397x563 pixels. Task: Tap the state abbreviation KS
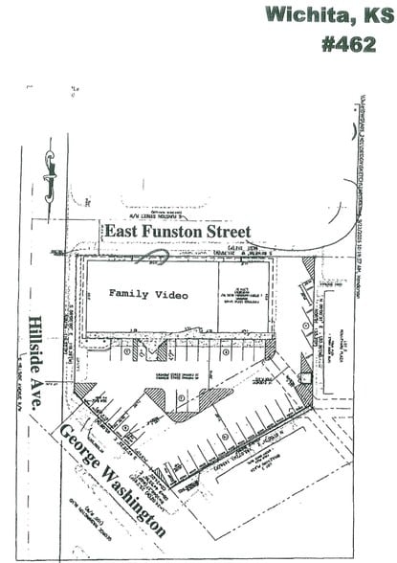(x=374, y=15)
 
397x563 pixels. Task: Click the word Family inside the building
(x=130, y=295)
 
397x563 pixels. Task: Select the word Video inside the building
(x=171, y=295)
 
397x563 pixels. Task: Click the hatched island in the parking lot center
(x=187, y=402)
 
